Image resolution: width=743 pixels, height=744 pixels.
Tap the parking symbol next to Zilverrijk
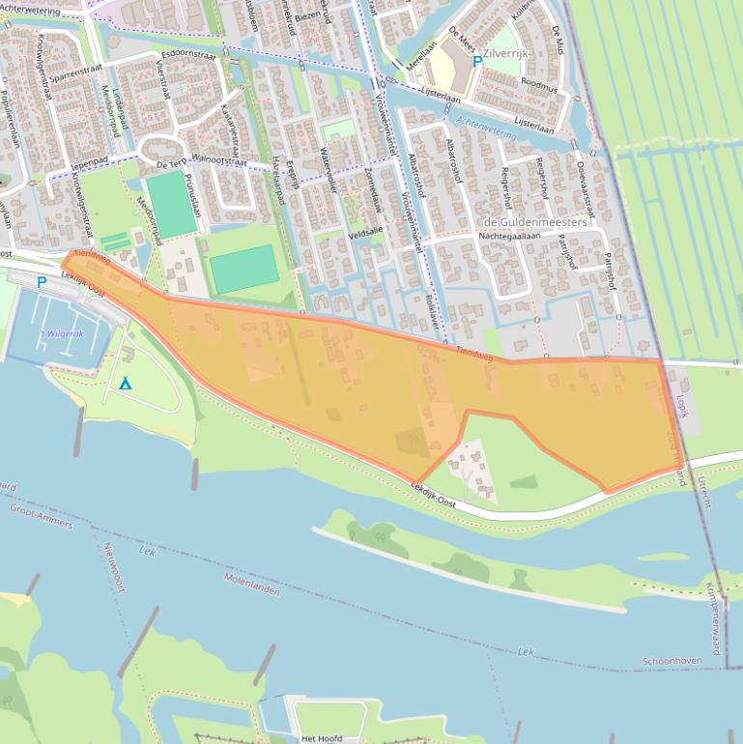click(x=477, y=61)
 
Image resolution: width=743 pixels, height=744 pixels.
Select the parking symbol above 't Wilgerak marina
click(x=41, y=282)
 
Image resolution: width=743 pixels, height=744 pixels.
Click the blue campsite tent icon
click(x=125, y=384)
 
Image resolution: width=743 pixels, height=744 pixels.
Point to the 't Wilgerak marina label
click(x=62, y=333)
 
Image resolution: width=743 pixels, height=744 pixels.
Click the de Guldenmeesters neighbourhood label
click(x=534, y=221)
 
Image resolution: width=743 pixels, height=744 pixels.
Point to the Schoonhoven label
click(x=672, y=662)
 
